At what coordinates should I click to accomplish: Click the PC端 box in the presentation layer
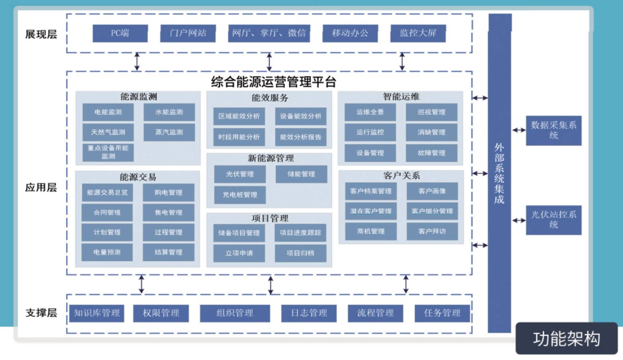120,33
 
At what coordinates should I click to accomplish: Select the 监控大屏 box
418,33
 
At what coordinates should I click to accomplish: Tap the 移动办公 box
350,33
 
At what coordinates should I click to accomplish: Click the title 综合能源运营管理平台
274,82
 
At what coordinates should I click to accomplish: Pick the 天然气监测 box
108,132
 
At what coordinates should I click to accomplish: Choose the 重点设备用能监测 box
108,153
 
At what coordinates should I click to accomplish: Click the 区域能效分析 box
239,116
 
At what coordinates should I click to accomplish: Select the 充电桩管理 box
240,195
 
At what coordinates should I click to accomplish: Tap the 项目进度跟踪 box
300,233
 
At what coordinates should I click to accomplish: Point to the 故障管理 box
431,153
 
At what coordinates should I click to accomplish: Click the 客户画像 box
432,191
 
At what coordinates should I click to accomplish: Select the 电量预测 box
107,252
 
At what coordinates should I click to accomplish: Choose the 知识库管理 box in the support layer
97,313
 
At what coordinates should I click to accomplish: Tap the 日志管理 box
309,313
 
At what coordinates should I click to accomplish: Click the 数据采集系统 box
553,130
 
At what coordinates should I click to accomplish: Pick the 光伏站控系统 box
553,220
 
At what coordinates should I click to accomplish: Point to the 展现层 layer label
41,35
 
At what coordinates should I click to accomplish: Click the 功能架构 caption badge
567,339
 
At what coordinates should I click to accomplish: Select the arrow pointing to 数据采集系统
518,130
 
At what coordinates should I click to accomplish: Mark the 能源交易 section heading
138,177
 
